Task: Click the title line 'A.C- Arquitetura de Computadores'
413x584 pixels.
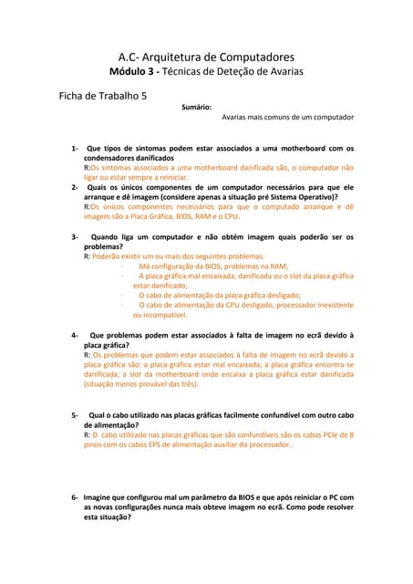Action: click(x=206, y=57)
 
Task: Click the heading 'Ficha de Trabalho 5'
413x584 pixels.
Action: click(x=101, y=95)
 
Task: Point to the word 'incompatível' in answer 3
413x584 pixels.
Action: click(x=160, y=315)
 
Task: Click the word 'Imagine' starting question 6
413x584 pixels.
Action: click(x=101, y=497)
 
